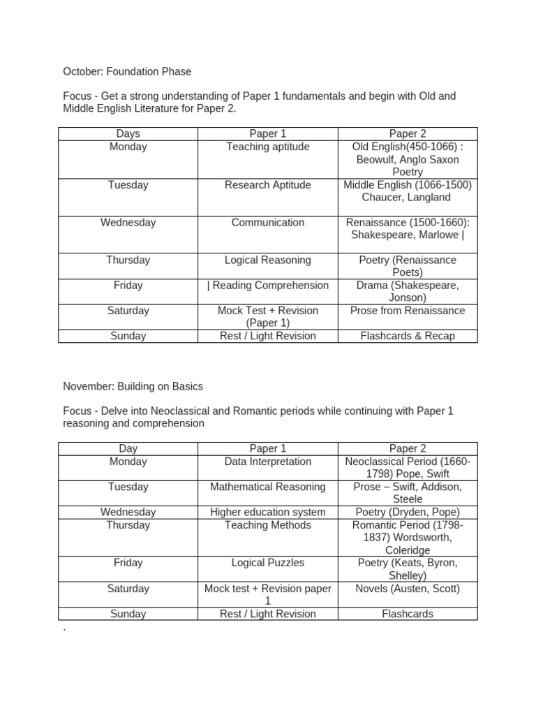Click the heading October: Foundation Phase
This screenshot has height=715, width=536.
pyautogui.click(x=127, y=71)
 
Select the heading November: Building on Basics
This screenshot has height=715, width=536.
pyautogui.click(x=133, y=386)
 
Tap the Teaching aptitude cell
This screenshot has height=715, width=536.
pyautogui.click(x=267, y=147)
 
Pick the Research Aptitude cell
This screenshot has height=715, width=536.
pyautogui.click(x=267, y=185)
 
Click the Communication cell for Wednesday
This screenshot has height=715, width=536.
pyautogui.click(x=267, y=223)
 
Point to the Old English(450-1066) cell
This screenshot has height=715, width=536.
pyautogui.click(x=408, y=159)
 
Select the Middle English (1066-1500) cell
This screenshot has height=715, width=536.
pyautogui.click(x=408, y=191)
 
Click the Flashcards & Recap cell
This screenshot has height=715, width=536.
pyautogui.click(x=408, y=336)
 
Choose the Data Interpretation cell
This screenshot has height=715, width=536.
pyautogui.click(x=267, y=462)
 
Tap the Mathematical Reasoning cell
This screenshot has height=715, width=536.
pyautogui.click(x=267, y=487)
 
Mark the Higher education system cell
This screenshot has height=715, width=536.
pyautogui.click(x=267, y=512)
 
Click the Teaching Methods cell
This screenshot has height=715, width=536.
pyautogui.click(x=267, y=525)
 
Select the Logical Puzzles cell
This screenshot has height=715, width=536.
pyautogui.click(x=267, y=563)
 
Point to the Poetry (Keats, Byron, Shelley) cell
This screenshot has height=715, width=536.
pyautogui.click(x=408, y=569)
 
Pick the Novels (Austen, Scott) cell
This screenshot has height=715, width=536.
pyautogui.click(x=408, y=589)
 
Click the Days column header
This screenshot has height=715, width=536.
pyautogui.click(x=128, y=133)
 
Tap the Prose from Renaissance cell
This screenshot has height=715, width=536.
pyautogui.click(x=408, y=311)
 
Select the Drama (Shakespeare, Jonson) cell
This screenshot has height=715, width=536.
pyautogui.click(x=408, y=291)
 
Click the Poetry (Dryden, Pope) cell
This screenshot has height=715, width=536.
pyautogui.click(x=408, y=512)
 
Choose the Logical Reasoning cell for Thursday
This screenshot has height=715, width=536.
pyautogui.click(x=267, y=260)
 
